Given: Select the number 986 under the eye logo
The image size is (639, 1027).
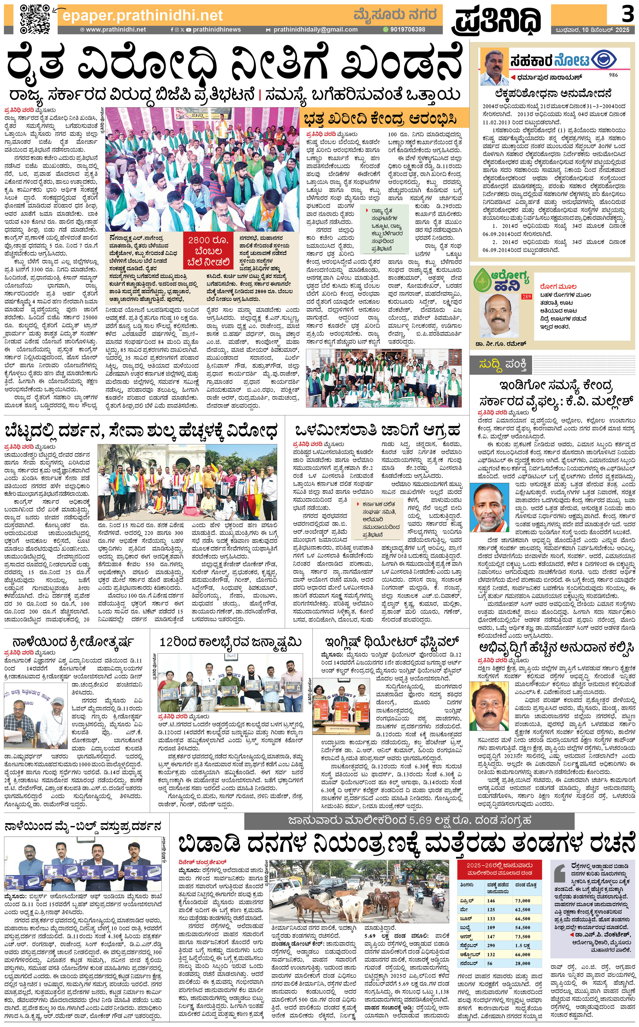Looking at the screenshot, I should tap(613, 75).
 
